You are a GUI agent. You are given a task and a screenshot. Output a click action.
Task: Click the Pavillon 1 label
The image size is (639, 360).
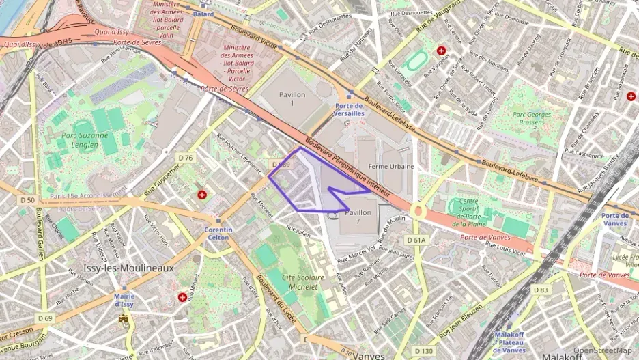point(292,98)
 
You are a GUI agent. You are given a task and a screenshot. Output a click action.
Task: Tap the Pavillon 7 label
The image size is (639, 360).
point(358,217)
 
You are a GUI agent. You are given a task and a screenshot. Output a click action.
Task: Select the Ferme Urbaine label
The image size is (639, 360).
point(391,166)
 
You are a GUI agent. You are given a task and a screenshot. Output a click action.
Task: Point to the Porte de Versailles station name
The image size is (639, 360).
point(349,109)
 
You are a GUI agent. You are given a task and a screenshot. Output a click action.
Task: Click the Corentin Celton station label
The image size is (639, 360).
point(218,234)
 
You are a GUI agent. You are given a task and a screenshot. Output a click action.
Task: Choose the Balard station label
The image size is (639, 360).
point(203,14)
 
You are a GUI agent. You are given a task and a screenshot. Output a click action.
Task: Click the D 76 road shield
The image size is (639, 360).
point(186,158)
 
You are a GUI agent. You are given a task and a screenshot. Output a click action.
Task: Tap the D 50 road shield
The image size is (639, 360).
point(27,199)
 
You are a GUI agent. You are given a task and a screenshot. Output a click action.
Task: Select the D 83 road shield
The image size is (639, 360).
point(541,290)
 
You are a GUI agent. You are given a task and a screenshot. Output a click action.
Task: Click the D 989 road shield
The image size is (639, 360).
point(281,165)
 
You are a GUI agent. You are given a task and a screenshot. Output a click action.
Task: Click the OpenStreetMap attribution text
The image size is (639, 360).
point(601,351)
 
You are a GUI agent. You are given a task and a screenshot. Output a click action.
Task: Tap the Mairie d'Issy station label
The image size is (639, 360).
point(124,300)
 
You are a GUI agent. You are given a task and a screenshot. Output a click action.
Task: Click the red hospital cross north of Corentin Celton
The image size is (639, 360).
point(202,195)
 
